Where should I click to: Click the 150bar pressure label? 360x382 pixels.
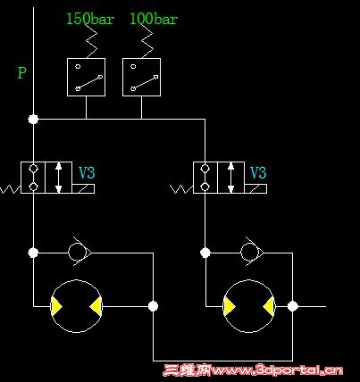click(x=90, y=19)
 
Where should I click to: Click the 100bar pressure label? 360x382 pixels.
click(x=154, y=19)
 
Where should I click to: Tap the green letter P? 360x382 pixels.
click(x=22, y=72)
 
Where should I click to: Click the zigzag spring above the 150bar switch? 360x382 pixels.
click(x=91, y=41)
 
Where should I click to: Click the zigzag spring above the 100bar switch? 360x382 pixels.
click(x=147, y=41)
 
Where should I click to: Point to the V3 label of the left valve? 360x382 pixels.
click(x=87, y=172)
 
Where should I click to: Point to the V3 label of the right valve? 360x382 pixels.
click(x=258, y=172)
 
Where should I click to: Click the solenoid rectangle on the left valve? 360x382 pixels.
click(x=83, y=188)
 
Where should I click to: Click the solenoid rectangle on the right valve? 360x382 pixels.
click(x=255, y=188)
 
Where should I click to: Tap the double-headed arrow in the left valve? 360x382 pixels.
click(x=59, y=178)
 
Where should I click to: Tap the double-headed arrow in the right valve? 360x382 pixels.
click(x=230, y=178)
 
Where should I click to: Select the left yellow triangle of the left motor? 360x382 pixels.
click(x=56, y=306)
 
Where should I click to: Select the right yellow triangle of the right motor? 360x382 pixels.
click(x=269, y=306)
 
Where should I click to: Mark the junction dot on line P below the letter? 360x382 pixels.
click(x=33, y=120)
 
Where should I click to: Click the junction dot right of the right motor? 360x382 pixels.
click(x=293, y=306)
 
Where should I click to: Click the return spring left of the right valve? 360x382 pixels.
click(x=181, y=189)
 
